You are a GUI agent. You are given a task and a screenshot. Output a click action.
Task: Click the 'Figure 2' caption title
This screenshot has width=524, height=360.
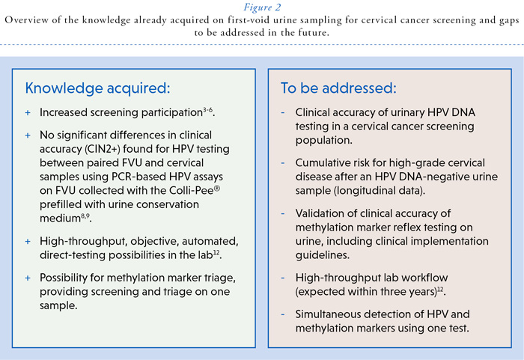click(262, 7)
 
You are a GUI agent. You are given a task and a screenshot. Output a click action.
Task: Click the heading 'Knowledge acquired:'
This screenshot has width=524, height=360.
click(97, 88)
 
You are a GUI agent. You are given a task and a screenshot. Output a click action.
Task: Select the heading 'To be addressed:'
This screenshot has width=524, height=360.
click(338, 88)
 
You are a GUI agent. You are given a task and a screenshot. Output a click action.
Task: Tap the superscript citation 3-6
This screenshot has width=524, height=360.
click(208, 109)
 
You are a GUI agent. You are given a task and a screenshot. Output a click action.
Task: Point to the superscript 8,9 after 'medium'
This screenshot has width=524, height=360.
click(85, 216)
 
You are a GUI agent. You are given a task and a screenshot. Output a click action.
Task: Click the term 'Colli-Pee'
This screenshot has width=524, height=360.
click(192, 191)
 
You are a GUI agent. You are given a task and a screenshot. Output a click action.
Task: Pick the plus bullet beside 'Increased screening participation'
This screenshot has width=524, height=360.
click(28, 113)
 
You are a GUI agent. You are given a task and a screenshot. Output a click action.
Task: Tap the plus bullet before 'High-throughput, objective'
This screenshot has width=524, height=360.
click(28, 242)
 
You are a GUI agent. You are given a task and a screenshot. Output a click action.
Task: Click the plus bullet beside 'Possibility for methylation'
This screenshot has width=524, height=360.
click(28, 278)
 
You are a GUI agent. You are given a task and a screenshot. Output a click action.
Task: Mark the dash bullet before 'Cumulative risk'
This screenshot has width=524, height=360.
click(283, 163)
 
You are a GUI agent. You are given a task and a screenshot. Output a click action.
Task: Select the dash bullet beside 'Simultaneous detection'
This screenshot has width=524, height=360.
click(283, 314)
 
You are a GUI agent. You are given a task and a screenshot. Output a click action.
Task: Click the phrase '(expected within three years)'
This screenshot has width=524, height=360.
click(366, 292)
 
